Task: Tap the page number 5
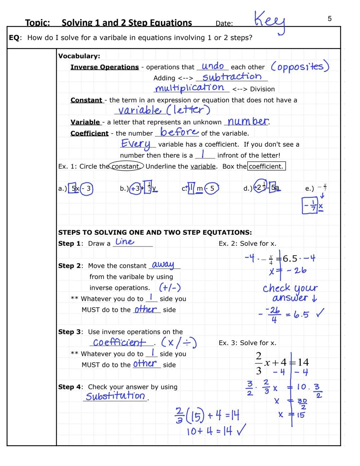click(x=329, y=19)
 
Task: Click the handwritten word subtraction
click(x=232, y=77)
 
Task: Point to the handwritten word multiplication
click(x=190, y=88)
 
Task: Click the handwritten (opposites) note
click(x=300, y=66)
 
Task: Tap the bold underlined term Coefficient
click(x=89, y=133)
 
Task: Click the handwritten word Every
click(x=136, y=144)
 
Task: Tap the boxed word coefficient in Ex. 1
click(x=266, y=166)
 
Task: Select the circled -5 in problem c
click(x=212, y=188)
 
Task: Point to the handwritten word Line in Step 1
click(x=125, y=242)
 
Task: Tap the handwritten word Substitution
click(x=115, y=396)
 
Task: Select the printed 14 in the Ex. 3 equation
click(x=303, y=362)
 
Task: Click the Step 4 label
click(x=69, y=387)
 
